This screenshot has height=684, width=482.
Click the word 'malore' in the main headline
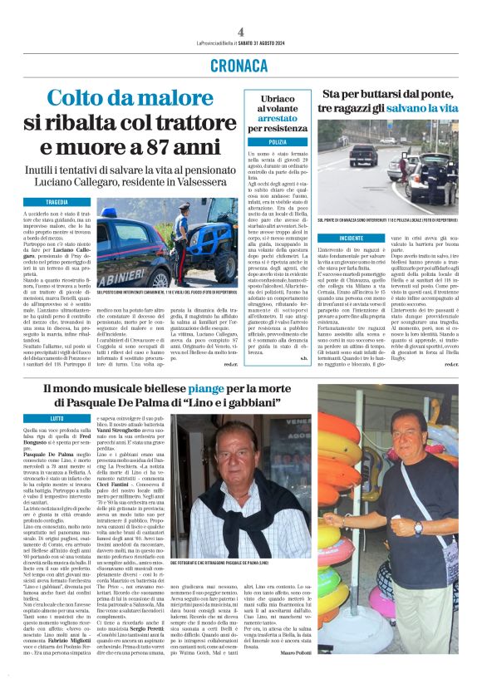pyautogui.click(x=171, y=100)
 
